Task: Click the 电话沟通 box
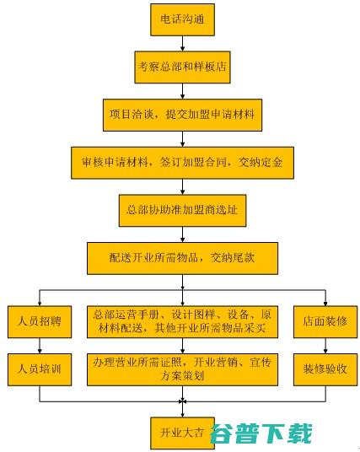point(182,19)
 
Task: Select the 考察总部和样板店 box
point(182,67)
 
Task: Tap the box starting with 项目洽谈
point(182,115)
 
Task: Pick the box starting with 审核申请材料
point(182,163)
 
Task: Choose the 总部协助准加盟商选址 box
point(182,211)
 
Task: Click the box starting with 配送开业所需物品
point(182,258)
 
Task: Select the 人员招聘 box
point(40,321)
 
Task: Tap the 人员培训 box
point(40,369)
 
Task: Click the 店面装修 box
point(325,321)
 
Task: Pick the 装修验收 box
point(325,369)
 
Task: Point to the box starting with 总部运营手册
point(182,321)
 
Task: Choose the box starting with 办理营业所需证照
point(182,369)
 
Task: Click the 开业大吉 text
point(182,433)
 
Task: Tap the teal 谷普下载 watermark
point(261,433)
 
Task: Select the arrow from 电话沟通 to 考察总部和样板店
point(182,44)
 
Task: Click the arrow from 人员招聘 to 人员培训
point(40,346)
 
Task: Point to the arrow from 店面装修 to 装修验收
point(325,346)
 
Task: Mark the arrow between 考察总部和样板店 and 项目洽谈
point(182,91)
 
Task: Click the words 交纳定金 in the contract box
point(261,163)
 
